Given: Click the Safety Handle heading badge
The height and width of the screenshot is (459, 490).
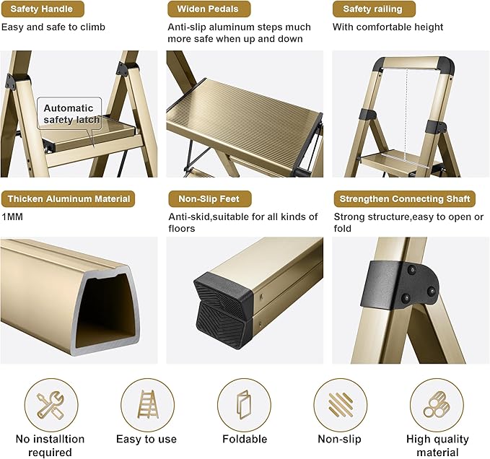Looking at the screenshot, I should click(43, 9).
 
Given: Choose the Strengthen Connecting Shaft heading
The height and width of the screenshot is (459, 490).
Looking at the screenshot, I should click(405, 198).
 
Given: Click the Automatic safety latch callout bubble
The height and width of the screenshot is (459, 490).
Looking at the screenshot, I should click(68, 114).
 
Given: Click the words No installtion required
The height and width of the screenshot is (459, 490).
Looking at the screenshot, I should click(51, 445).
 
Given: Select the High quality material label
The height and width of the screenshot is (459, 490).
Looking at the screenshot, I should click(437, 445).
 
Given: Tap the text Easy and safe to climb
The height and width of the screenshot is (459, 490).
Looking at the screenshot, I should click(53, 27).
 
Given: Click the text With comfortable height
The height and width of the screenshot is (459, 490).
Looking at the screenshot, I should click(388, 27).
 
